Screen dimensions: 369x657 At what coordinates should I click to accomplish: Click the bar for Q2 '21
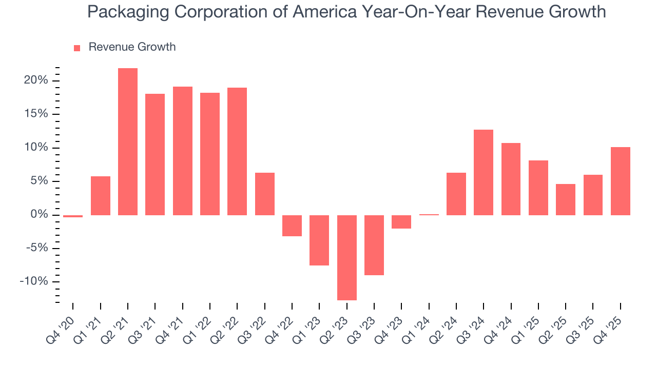coord(128,141)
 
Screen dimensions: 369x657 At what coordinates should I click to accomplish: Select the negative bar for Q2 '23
coord(347,257)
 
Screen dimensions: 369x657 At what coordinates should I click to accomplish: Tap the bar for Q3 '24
coord(484,172)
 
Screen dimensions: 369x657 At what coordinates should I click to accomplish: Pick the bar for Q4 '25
coord(621,181)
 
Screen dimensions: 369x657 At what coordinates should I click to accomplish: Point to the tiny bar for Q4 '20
coord(73,216)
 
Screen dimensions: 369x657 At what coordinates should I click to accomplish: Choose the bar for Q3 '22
coord(265,194)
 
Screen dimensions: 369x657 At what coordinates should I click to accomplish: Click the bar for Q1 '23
coord(319,240)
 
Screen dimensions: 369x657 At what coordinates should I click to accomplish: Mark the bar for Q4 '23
coord(401,221)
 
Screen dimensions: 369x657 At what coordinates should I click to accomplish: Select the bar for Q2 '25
coord(566,199)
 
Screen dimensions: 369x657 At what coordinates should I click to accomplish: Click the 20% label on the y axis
coord(36,80)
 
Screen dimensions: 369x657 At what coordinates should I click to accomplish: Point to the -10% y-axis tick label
coord(34,281)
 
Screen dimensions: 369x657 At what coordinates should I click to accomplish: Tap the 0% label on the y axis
coord(39,215)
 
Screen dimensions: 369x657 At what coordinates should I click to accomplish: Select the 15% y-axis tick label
coord(36,114)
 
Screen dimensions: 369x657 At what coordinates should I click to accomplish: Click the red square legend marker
coord(77,48)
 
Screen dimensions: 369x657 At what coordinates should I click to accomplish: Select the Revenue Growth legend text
coord(132,47)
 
